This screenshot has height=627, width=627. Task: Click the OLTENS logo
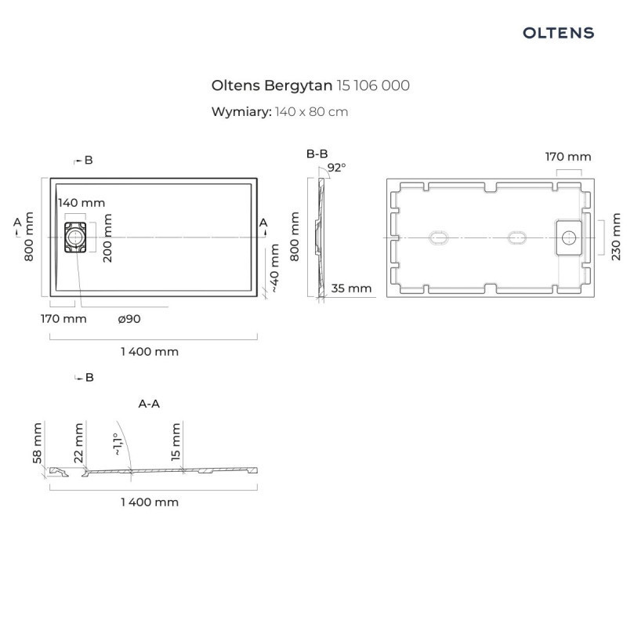(558, 33)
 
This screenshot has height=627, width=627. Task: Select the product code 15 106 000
(372, 85)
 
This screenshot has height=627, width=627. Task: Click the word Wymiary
(241, 111)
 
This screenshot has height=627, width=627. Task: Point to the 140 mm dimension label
(81, 202)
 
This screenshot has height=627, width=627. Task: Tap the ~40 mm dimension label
(274, 268)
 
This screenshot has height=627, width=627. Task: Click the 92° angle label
(336, 167)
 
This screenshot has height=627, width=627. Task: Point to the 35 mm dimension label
(351, 288)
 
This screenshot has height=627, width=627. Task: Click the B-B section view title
(317, 154)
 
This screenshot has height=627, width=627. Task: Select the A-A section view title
(149, 404)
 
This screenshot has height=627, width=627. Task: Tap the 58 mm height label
(38, 443)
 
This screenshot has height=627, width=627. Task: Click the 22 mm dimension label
(78, 443)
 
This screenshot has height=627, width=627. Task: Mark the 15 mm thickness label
(176, 441)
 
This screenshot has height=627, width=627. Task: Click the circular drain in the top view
(76, 236)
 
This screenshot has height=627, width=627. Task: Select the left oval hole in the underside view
(437, 237)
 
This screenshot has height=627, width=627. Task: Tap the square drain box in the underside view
(569, 237)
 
